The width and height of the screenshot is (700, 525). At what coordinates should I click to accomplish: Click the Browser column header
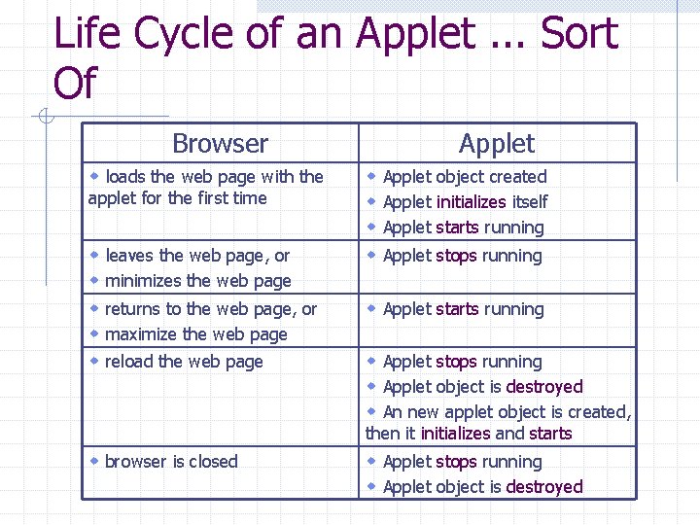[x=220, y=144]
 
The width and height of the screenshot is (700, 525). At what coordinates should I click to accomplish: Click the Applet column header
[x=497, y=144]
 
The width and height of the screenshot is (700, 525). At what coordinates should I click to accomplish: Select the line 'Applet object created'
[x=465, y=177]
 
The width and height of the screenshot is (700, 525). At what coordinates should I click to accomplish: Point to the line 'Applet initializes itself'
[x=465, y=202]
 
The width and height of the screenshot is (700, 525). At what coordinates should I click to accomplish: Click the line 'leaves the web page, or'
[x=197, y=256]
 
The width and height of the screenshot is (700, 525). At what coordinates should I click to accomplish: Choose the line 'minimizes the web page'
[x=197, y=281]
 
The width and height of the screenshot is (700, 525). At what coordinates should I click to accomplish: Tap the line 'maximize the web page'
[x=195, y=334]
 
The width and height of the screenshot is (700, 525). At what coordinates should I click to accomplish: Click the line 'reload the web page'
[x=184, y=362]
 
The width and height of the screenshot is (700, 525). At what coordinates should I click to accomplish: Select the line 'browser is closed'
[x=171, y=462]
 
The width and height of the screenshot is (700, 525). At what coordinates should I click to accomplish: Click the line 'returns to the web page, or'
[x=211, y=309]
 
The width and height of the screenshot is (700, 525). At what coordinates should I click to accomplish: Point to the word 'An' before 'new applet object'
[x=394, y=412]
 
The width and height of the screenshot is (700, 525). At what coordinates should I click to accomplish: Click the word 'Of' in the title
[x=75, y=84]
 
